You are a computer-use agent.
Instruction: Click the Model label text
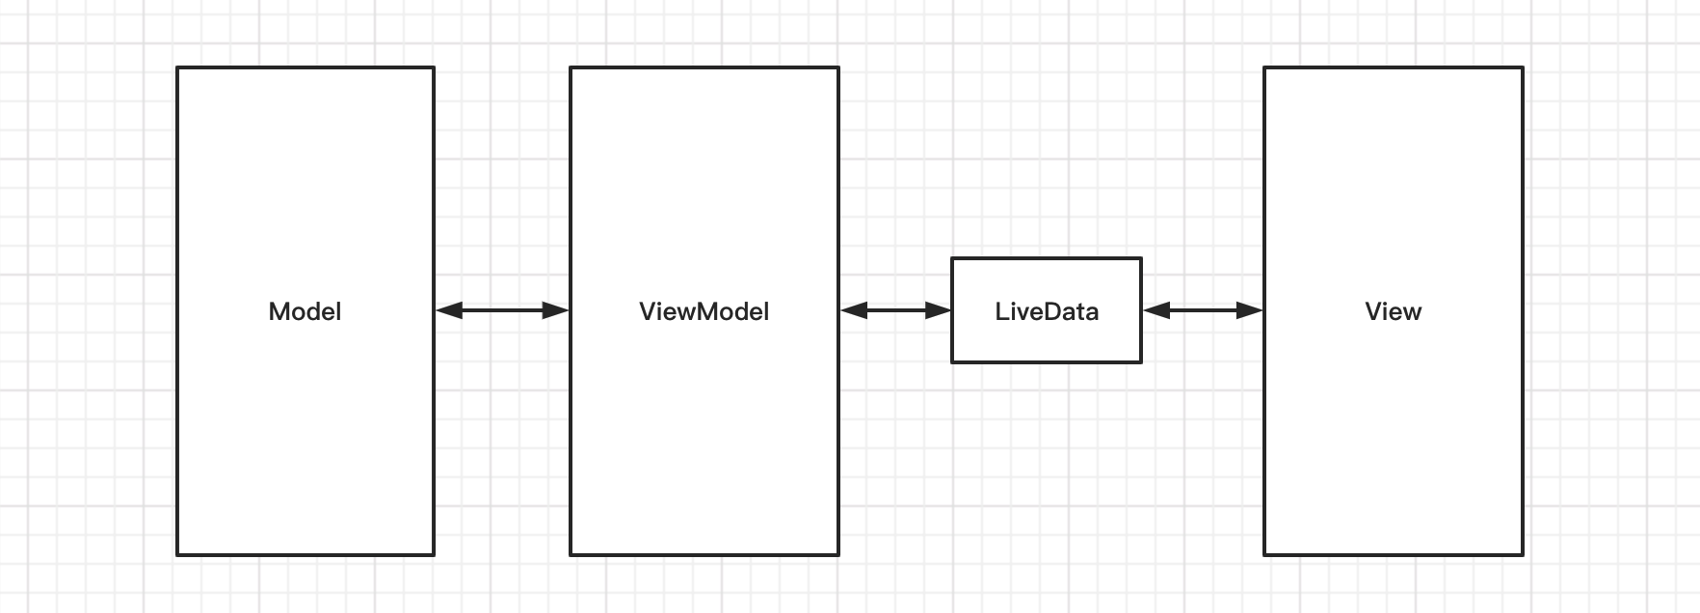(305, 311)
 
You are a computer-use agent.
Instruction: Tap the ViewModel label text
(704, 311)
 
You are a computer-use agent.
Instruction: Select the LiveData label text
(1047, 311)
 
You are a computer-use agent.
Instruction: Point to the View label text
(1393, 311)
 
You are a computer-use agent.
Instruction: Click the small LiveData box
(1047, 337)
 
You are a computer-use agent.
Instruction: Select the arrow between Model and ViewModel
(502, 310)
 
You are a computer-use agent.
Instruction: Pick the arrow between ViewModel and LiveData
(895, 310)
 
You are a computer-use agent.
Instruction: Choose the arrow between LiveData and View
(1203, 310)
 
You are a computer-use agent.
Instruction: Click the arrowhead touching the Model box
(448, 310)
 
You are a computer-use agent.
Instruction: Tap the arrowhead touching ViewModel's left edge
(556, 310)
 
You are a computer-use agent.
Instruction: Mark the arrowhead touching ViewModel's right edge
(853, 310)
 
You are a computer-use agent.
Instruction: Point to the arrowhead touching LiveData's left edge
(939, 310)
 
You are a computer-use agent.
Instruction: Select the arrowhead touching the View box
(1250, 310)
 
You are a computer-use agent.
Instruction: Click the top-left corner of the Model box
(177, 67)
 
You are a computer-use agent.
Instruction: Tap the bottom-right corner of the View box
(1522, 554)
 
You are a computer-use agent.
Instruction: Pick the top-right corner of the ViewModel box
(838, 67)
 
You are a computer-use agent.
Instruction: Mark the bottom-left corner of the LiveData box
(952, 361)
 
